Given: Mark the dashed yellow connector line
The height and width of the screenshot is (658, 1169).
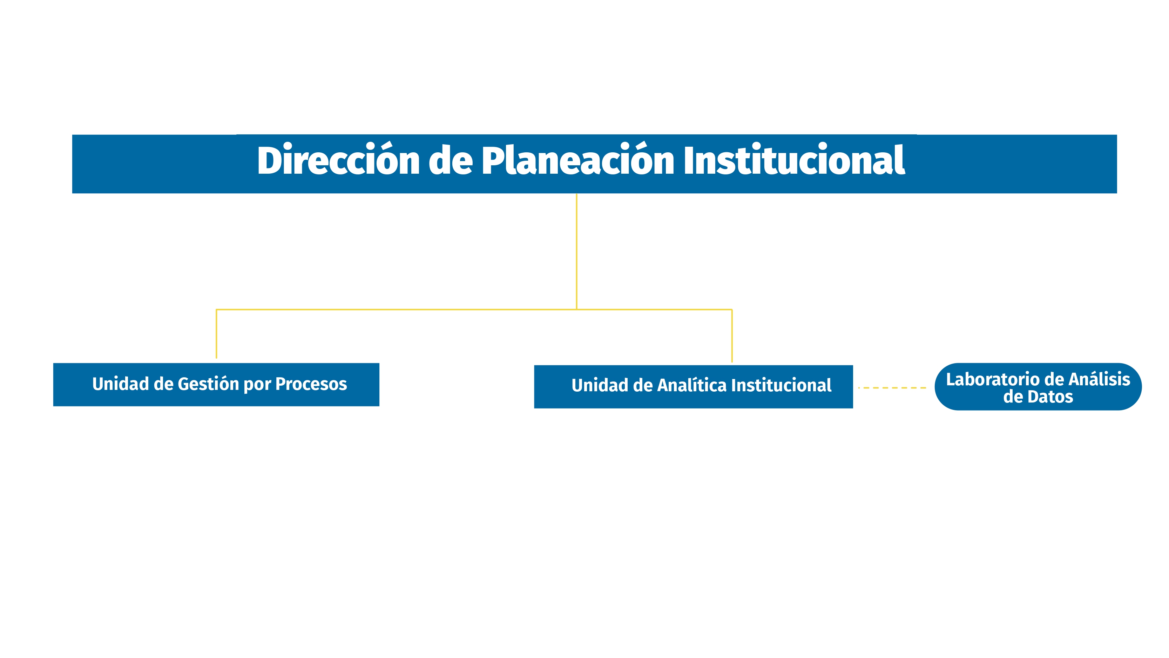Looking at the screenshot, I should pos(892,388).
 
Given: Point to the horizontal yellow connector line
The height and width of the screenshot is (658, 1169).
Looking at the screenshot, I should pos(408,310).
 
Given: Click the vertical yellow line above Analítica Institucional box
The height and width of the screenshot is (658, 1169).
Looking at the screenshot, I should pos(732,336).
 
